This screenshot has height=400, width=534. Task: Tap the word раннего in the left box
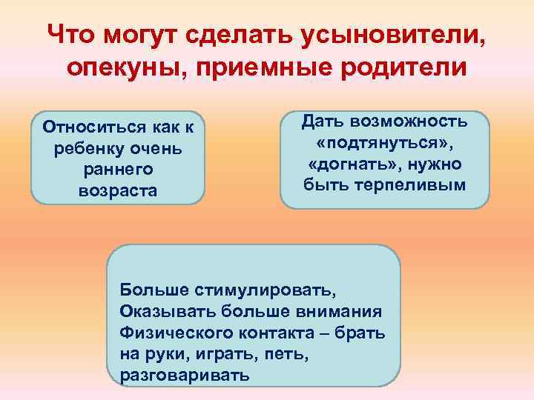[117, 170]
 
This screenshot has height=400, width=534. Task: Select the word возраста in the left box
[117, 191]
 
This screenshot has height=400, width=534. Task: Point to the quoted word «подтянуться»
[384, 141]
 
